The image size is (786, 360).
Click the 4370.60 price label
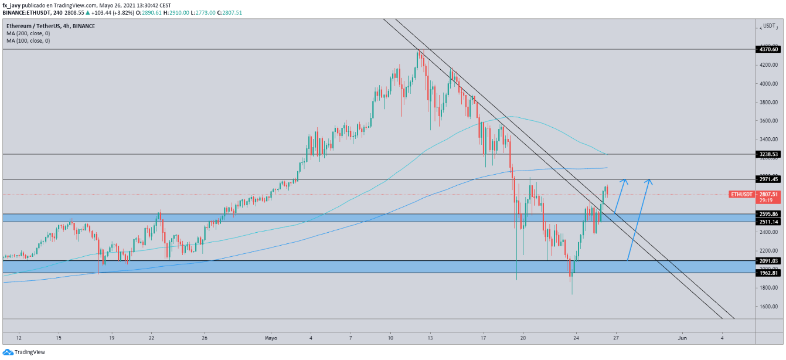767,50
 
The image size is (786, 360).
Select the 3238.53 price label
767,154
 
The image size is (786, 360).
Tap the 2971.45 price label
767,179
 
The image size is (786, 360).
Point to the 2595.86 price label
767,214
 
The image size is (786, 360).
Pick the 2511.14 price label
767,222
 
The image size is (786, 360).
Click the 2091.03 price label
767,261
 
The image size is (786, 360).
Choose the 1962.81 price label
767,273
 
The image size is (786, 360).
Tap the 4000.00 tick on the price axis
768,84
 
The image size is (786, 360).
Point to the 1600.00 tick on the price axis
768,306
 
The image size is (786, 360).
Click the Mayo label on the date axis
271,338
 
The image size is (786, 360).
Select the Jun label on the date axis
682,338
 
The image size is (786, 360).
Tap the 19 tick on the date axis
111,338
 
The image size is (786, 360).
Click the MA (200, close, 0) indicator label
28,33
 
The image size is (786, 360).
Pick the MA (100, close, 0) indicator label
28,40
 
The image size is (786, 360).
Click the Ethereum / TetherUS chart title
50,26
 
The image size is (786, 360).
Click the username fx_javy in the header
12,5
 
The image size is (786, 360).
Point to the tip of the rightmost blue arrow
649,179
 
